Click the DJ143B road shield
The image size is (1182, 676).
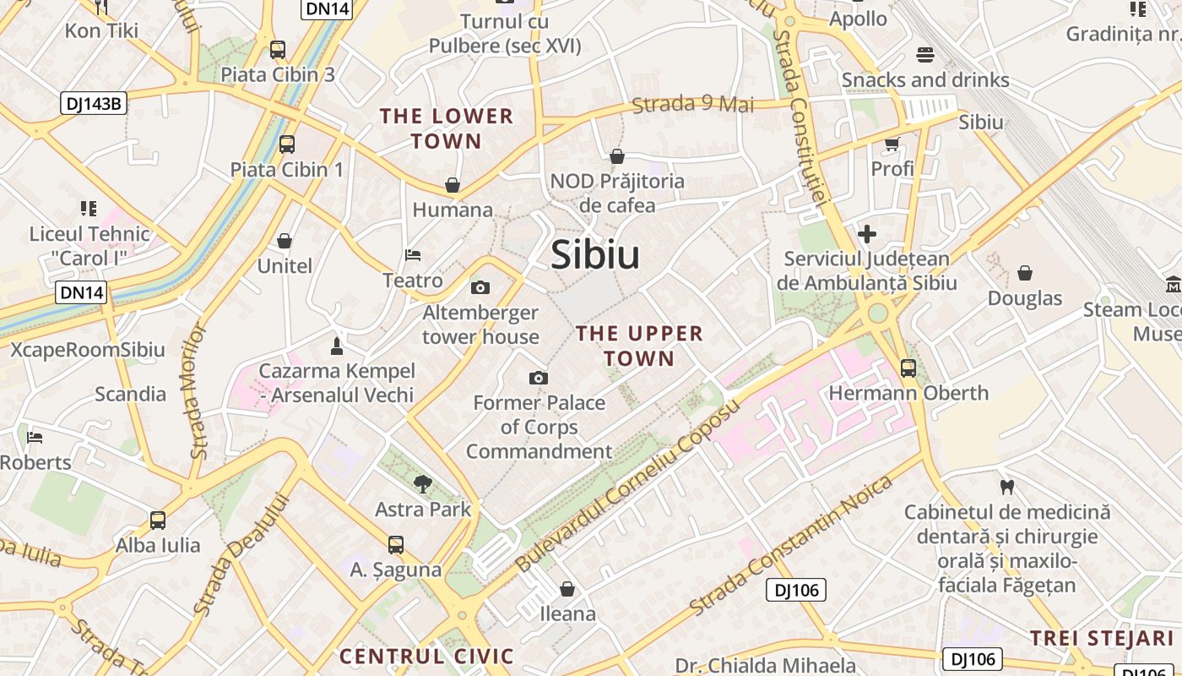(94, 104)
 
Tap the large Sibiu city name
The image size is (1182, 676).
(595, 254)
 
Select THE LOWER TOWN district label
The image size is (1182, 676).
(447, 128)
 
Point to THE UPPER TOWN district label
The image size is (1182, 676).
(639, 346)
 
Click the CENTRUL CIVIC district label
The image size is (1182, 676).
(426, 656)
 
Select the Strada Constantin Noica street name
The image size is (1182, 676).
(791, 545)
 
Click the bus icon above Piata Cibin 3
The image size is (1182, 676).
(278, 50)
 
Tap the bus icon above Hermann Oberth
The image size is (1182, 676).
(908, 368)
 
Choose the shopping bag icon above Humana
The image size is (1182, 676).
(453, 185)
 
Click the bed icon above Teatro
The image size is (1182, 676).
(413, 255)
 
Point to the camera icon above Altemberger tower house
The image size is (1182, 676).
(480, 288)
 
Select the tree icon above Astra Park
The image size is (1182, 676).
(423, 484)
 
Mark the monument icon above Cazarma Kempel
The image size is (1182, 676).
(337, 346)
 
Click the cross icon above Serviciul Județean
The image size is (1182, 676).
(867, 234)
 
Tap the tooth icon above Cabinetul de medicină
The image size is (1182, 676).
(1006, 487)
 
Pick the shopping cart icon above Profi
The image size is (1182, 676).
(892, 144)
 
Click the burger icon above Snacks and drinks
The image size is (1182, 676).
(925, 55)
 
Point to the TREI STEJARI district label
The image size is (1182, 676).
(1101, 638)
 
